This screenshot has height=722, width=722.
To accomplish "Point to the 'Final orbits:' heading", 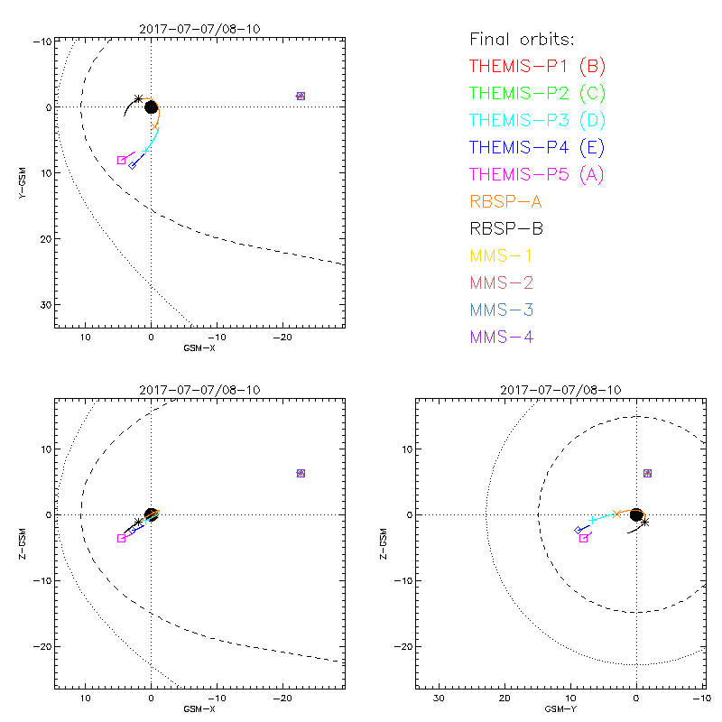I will (523, 40).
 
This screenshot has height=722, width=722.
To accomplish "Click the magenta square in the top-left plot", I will (122, 160).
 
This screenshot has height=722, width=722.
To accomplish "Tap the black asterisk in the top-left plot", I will (138, 99).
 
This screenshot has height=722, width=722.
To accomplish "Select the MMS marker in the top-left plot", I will (301, 96).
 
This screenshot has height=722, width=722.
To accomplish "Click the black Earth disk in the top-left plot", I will (151, 107).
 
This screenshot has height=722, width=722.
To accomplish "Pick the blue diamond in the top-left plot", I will (132, 164).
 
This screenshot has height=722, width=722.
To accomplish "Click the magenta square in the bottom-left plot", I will (121, 538).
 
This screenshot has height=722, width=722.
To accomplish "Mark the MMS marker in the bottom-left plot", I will (301, 473).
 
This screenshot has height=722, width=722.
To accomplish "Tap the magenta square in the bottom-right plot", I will (584, 538).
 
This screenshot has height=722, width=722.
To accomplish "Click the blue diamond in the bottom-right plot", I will (578, 530).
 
